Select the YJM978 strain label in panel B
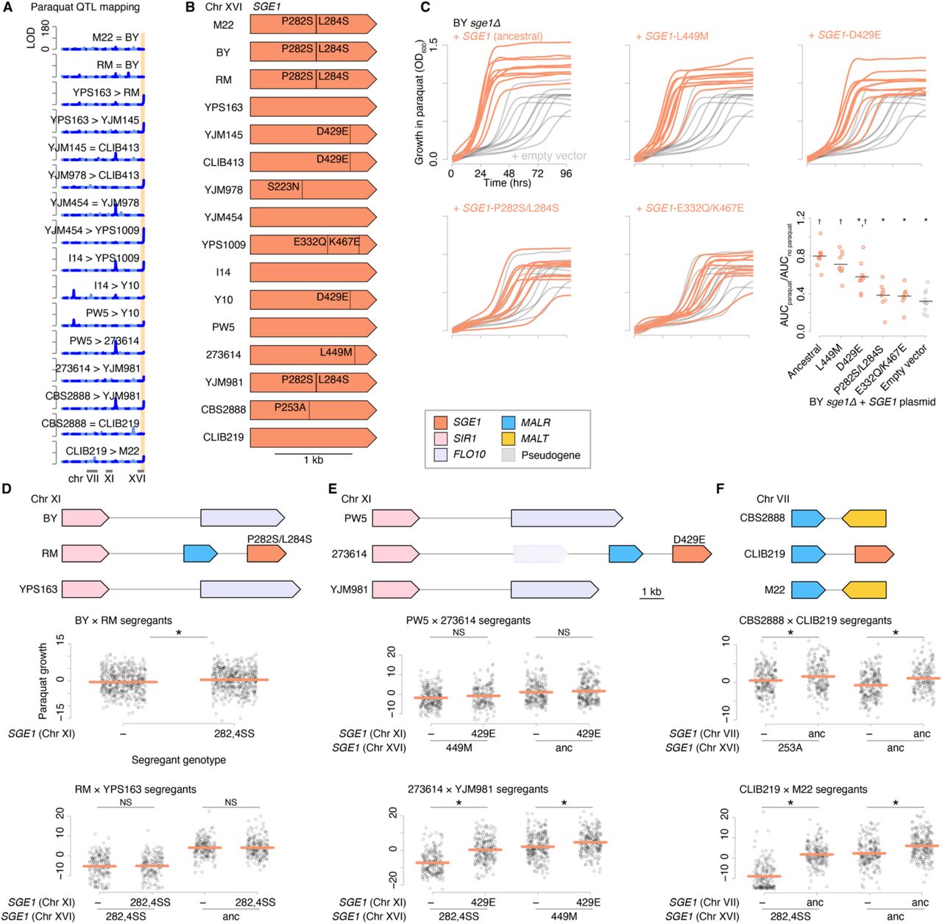pyautogui.click(x=224, y=190)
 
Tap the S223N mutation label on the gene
pyautogui.click(x=283, y=187)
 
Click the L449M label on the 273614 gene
pyautogui.click(x=336, y=352)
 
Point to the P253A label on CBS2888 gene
pyautogui.click(x=290, y=408)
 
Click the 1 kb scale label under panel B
pyautogui.click(x=314, y=461)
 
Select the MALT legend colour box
pyautogui.click(x=508, y=438)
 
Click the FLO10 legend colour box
pyautogui.click(x=441, y=455)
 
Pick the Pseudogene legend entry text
pyautogui.click(x=550, y=455)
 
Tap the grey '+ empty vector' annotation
pyautogui.click(x=549, y=156)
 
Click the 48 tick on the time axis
pyautogui.click(x=509, y=174)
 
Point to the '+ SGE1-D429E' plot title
pyautogui.click(x=844, y=35)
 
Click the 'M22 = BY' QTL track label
pyautogui.click(x=116, y=38)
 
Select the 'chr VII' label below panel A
pyautogui.click(x=84, y=479)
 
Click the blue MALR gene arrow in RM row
pyautogui.click(x=200, y=553)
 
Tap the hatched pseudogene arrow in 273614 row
pyautogui.click(x=540, y=554)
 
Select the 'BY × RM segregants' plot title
pyautogui.click(x=124, y=621)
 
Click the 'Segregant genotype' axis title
pyautogui.click(x=179, y=760)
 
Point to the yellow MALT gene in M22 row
pyautogui.click(x=864, y=590)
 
